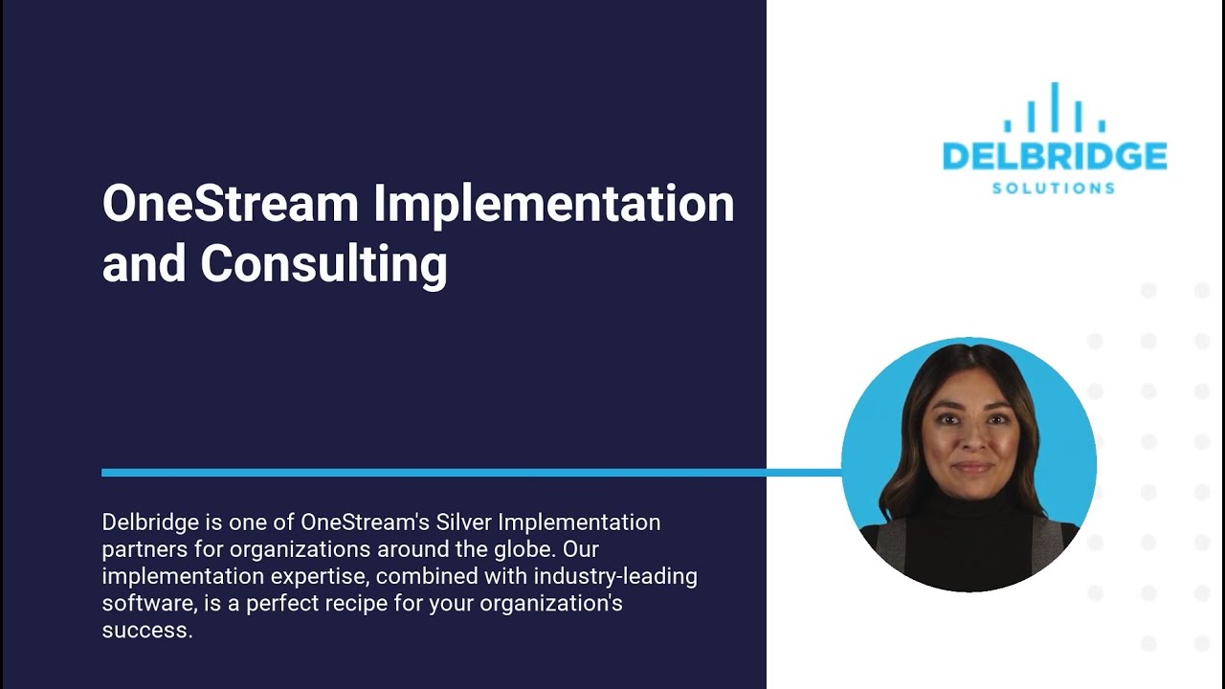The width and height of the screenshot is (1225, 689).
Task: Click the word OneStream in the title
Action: (230, 204)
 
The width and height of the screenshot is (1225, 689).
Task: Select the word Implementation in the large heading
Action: (553, 204)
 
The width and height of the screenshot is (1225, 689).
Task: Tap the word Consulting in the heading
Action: (323, 263)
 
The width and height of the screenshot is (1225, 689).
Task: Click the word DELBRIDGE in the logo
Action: (1054, 156)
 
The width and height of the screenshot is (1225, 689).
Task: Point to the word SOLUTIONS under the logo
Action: (1054, 188)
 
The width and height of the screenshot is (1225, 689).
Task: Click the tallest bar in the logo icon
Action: (1054, 106)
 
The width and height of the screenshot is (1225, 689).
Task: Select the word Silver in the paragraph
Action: (463, 522)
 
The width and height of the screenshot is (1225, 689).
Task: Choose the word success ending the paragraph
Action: (146, 631)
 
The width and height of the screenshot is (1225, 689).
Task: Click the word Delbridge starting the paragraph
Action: (145, 522)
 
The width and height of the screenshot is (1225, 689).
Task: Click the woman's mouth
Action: (972, 468)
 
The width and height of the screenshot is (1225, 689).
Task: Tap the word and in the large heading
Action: (145, 263)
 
